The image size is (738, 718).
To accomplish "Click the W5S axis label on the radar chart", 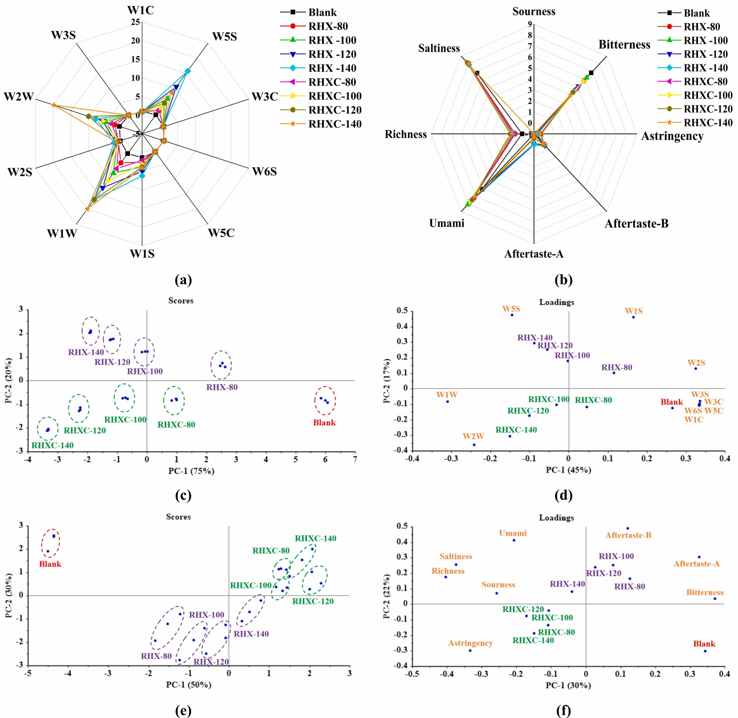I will pyautogui.click(x=224, y=37).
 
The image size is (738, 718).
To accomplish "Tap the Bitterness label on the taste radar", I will pyautogui.click(x=624, y=45).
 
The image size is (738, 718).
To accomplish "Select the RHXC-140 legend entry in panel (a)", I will pyautogui.click(x=335, y=124).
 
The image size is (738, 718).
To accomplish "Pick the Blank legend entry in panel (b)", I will pyautogui.click(x=697, y=13).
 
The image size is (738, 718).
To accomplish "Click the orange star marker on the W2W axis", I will pyautogui.click(x=54, y=105).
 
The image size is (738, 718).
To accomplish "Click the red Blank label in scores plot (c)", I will pyautogui.click(x=324, y=423).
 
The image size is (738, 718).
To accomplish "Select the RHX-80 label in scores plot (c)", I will pyautogui.click(x=222, y=387).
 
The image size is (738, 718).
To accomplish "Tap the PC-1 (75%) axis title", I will pyautogui.click(x=192, y=471).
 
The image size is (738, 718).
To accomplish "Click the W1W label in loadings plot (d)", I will pyautogui.click(x=447, y=395).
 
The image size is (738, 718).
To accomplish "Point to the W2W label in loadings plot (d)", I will pyautogui.click(x=474, y=436).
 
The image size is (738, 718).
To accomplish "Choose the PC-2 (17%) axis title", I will pyautogui.click(x=387, y=381).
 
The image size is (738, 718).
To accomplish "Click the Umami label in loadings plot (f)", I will pyautogui.click(x=513, y=533).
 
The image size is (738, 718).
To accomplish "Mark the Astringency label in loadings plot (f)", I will pyautogui.click(x=470, y=643).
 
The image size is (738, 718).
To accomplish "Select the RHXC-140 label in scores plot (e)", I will pyautogui.click(x=316, y=538).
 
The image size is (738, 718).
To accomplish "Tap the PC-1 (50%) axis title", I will pyautogui.click(x=189, y=685).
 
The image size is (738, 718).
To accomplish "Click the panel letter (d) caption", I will pyautogui.click(x=563, y=495).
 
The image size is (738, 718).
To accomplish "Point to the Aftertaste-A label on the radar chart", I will pyautogui.click(x=534, y=254).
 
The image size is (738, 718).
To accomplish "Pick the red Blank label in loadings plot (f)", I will pyautogui.click(x=704, y=644).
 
